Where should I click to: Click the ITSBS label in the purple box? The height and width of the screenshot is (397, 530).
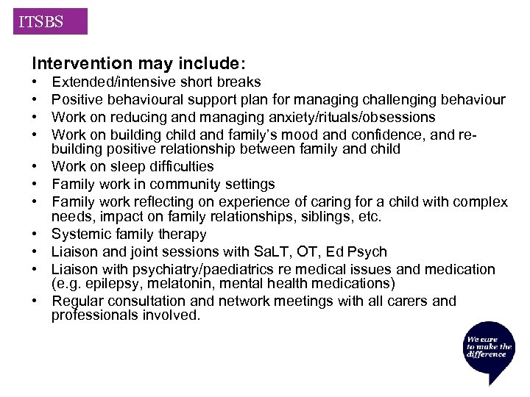click(41, 22)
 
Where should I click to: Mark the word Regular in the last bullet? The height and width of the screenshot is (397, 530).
click(78, 301)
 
